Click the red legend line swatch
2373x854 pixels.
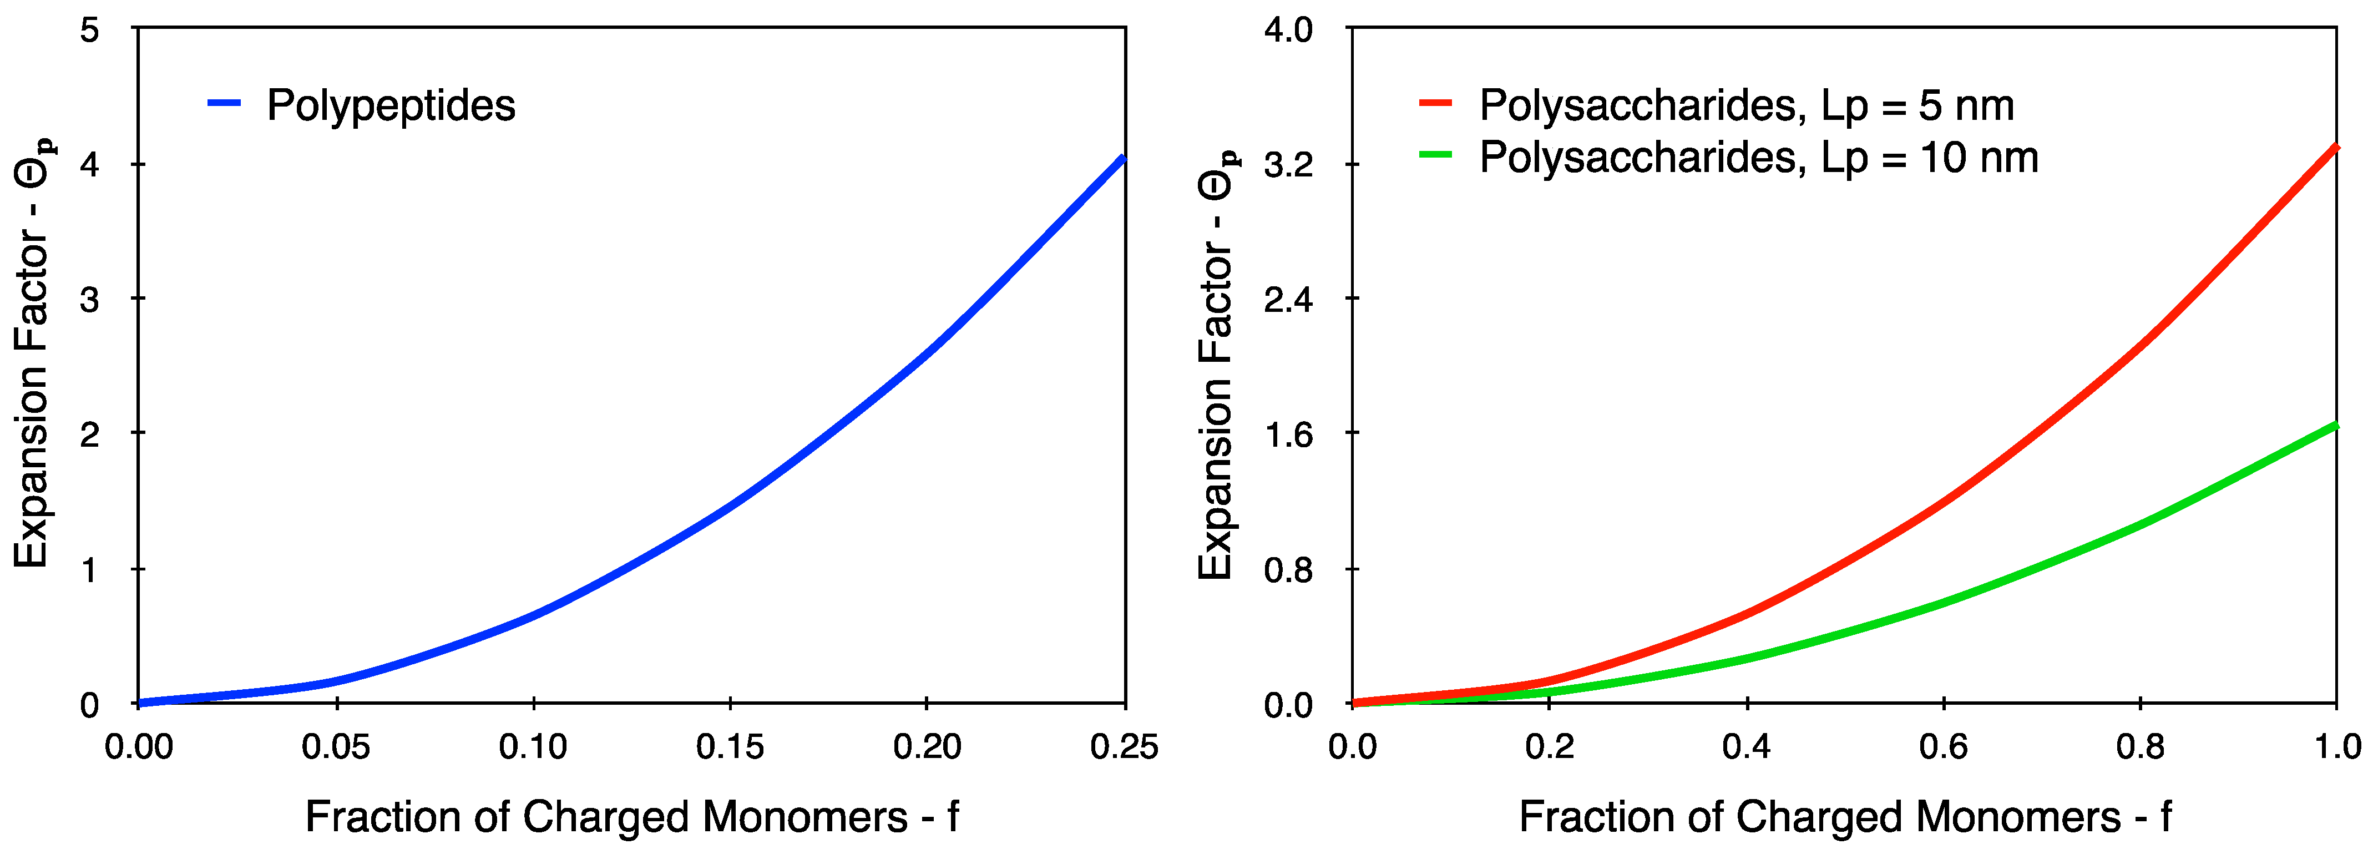click(1435, 103)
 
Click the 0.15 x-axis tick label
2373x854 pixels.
click(730, 746)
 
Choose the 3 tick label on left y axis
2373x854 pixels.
click(89, 300)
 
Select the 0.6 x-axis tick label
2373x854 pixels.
click(1943, 746)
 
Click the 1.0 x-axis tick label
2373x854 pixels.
click(2337, 746)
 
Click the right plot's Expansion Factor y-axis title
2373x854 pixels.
click(1216, 364)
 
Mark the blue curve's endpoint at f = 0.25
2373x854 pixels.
click(1123, 159)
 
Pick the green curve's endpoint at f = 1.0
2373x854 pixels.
click(2335, 425)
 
